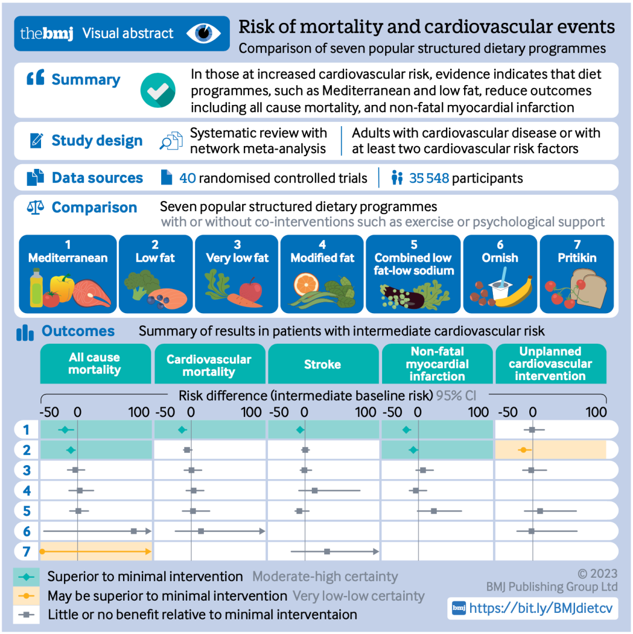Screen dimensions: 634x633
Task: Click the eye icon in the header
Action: (204, 33)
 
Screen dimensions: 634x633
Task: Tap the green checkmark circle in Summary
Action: (158, 90)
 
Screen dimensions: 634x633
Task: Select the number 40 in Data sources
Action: (188, 178)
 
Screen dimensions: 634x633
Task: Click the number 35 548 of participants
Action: (429, 178)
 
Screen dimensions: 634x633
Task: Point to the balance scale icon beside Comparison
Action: (36, 208)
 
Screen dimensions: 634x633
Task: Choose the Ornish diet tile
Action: (500, 273)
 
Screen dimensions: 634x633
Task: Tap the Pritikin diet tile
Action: (576, 273)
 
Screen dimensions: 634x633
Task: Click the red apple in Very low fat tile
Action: (250, 289)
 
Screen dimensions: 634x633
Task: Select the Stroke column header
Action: (322, 364)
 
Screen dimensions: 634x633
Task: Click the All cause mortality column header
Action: (94, 364)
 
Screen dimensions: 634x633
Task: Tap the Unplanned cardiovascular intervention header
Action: (550, 364)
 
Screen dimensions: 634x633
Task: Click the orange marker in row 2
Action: (523, 450)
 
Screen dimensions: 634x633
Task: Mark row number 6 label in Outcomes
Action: (26, 531)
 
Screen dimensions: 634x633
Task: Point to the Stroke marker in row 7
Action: (327, 551)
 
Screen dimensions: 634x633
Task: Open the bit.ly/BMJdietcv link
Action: (540, 608)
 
